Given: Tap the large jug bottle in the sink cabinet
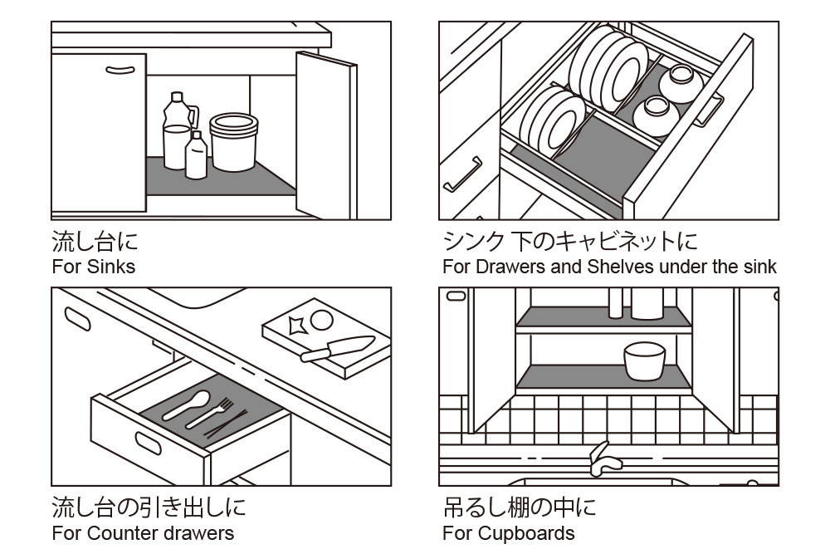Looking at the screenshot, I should click(176, 133).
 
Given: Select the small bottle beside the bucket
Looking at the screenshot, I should click(196, 156).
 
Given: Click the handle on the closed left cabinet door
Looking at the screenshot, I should click(120, 69).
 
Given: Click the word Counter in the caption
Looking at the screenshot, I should click(115, 533).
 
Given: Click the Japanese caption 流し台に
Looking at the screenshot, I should click(95, 243).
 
